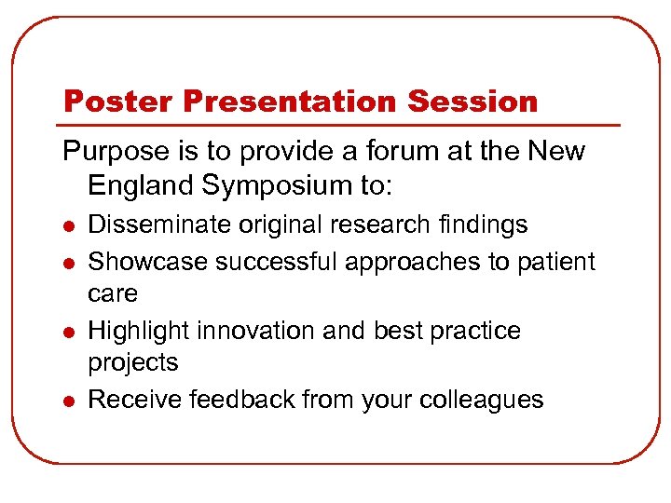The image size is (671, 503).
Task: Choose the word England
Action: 139,185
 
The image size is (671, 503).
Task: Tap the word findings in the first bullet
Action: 482,224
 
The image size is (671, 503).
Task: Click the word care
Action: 113,293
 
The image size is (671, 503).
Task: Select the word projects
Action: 133,362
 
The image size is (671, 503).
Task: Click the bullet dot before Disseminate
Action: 67,226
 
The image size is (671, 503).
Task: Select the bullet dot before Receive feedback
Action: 67,401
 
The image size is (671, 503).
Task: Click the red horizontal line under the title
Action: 340,125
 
